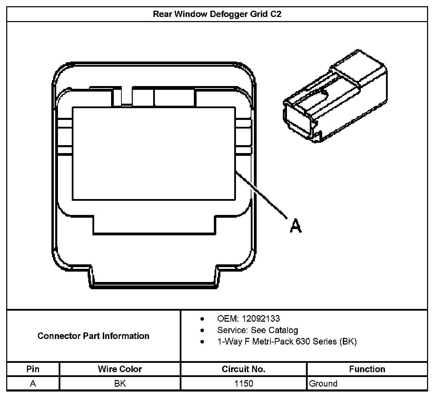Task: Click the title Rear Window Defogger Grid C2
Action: click(x=217, y=14)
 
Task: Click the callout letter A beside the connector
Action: click(x=296, y=226)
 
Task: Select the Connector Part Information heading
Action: click(x=93, y=336)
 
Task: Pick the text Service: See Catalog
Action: click(x=257, y=330)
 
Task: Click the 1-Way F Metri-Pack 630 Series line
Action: click(x=287, y=341)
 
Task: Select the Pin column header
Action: click(x=33, y=369)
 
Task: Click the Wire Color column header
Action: click(x=120, y=369)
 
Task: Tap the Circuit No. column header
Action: click(x=244, y=369)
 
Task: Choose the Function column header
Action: click(x=367, y=369)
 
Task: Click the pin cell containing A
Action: click(x=33, y=384)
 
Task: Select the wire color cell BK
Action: click(x=120, y=384)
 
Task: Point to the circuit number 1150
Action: click(x=244, y=384)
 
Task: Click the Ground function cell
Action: click(x=323, y=384)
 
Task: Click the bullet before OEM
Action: click(x=202, y=319)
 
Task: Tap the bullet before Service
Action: click(x=202, y=330)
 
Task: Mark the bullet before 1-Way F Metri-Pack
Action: click(x=202, y=342)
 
